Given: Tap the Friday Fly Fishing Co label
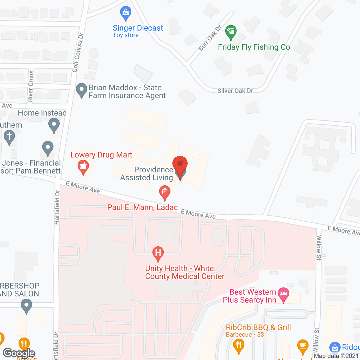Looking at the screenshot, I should click(254, 47).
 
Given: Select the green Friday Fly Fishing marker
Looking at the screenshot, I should click(231, 32).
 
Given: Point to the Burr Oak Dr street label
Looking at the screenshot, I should click(210, 38).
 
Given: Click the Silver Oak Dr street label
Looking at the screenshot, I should click(235, 91).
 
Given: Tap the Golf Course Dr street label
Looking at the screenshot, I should click(78, 52).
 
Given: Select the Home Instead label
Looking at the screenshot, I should click(42, 113).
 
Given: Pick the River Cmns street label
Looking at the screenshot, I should click(31, 86).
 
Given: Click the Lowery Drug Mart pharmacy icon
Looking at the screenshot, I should click(83, 166).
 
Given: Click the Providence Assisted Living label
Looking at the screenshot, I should click(147, 174).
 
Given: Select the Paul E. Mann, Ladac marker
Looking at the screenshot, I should click(165, 192).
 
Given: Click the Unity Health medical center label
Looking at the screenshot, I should click(185, 272).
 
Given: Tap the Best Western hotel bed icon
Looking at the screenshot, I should click(283, 294).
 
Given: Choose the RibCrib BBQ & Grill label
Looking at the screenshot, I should click(258, 328).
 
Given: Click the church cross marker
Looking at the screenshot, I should click(9, 137).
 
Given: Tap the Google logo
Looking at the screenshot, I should click(19, 353).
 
